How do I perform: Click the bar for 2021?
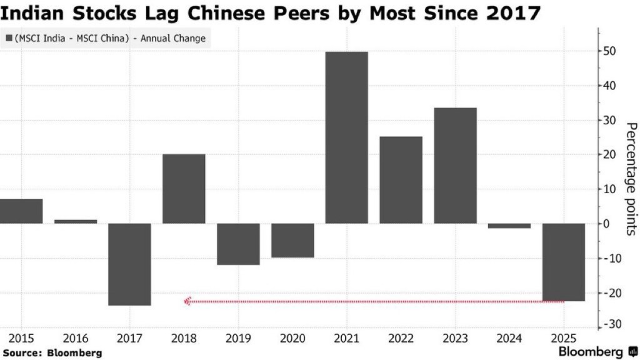[x=346, y=137]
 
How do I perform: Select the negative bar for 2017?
[x=129, y=264]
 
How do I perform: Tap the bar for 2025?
[x=564, y=262]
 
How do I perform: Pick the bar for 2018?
[x=184, y=188]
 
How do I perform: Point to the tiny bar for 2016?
[x=76, y=221]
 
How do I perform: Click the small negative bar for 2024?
[x=509, y=226]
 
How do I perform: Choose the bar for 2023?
[x=455, y=166]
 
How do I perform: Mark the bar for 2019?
[x=238, y=244]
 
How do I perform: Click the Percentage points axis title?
[x=631, y=178]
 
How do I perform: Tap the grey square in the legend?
[x=8, y=39]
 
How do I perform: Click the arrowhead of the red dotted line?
[x=187, y=301]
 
